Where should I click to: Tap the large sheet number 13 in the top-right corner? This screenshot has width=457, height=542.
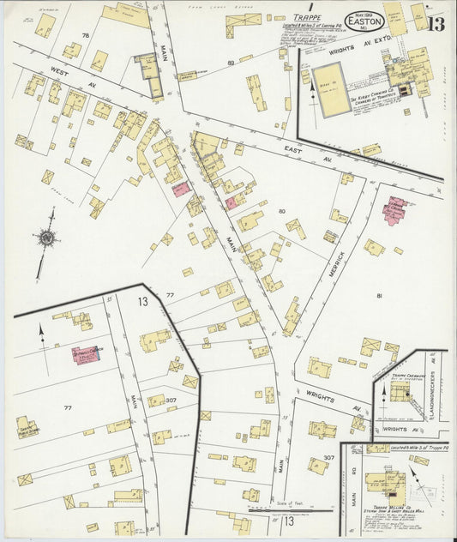coord(436,23)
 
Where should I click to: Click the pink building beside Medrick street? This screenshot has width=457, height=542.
coord(394,210)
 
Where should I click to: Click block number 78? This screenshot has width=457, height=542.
coord(85,35)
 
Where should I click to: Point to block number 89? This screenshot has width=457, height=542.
coord(231,63)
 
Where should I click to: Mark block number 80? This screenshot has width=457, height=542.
coord(280,210)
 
